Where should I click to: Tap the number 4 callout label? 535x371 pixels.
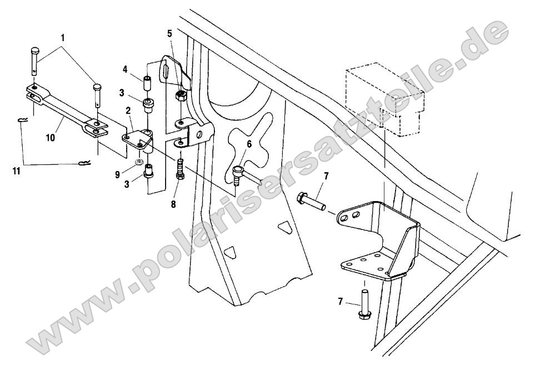(126, 69)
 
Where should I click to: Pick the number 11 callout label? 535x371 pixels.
(17, 172)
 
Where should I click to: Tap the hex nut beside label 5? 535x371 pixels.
(181, 96)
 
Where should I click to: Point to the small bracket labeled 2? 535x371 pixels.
(139, 139)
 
